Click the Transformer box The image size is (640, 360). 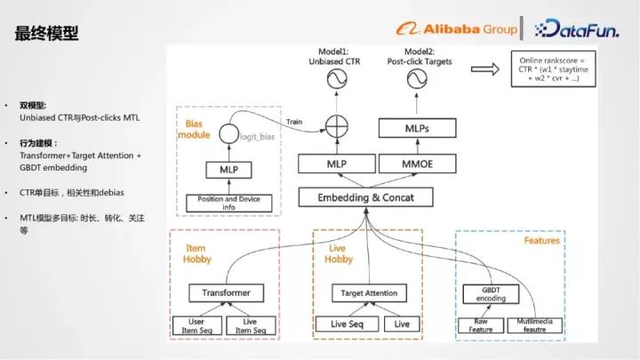pyautogui.click(x=226, y=292)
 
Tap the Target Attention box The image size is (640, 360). pyautogui.click(x=369, y=292)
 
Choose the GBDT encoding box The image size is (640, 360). pyautogui.click(x=485, y=294)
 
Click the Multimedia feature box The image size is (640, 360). pyautogui.click(x=534, y=324)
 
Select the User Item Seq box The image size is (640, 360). pyautogui.click(x=201, y=325)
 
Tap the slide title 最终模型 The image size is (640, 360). pyautogui.click(x=46, y=34)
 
